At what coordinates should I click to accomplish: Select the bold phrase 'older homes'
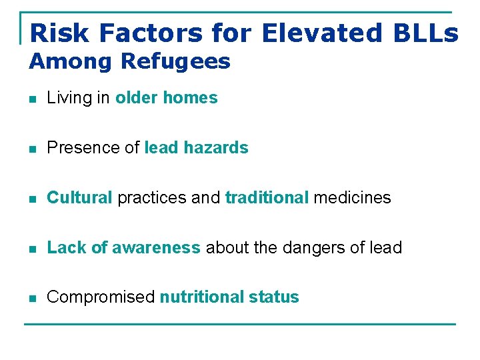click(166, 98)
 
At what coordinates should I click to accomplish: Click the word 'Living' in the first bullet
click(69, 98)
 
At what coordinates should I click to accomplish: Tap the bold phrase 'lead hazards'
click(196, 148)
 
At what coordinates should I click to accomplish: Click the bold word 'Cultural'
click(79, 198)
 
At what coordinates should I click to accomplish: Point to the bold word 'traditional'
click(267, 198)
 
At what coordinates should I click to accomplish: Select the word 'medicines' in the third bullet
click(352, 198)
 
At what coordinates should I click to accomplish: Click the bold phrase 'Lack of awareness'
click(123, 248)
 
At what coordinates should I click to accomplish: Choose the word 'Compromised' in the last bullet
click(101, 297)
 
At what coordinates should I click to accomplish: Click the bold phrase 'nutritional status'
click(229, 297)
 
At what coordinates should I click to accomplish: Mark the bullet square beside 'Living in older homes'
click(32, 99)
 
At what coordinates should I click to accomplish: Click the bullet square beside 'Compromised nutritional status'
click(32, 299)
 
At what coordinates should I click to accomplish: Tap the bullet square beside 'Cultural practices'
click(32, 199)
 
